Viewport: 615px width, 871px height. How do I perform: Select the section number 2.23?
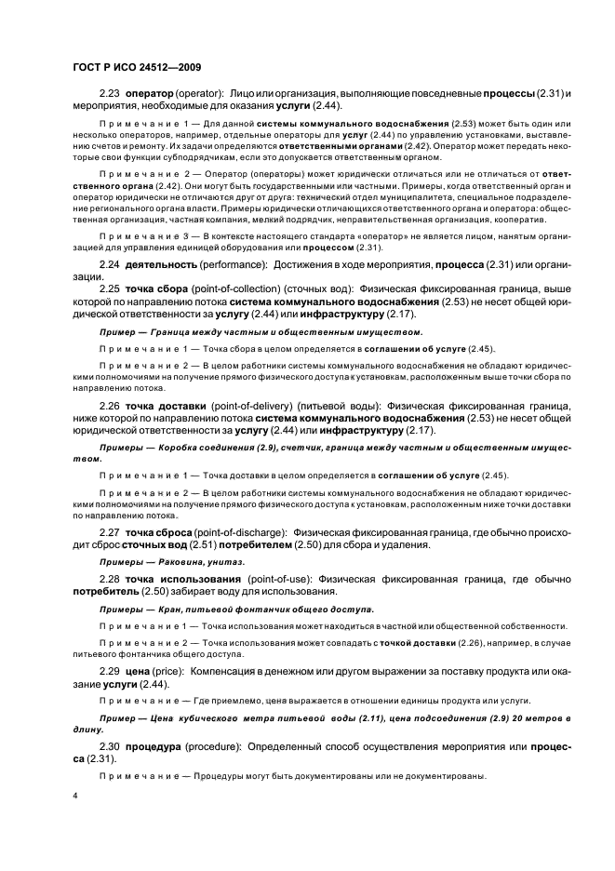point(110,95)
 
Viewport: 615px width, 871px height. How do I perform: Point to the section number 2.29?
point(110,670)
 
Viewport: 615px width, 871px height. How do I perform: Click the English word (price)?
point(173,670)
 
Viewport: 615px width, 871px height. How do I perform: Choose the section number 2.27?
point(110,532)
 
